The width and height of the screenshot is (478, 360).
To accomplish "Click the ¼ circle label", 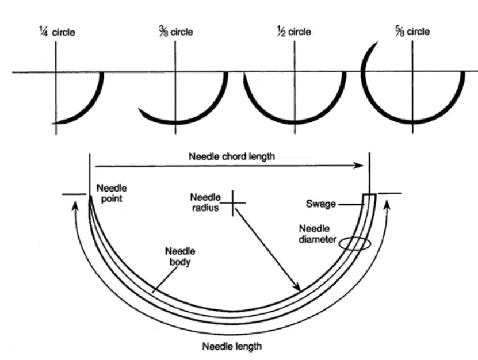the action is pyautogui.click(x=57, y=32).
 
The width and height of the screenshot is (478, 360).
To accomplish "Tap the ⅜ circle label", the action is pyautogui.click(x=176, y=32).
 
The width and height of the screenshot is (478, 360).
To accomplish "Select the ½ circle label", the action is pyautogui.click(x=294, y=31).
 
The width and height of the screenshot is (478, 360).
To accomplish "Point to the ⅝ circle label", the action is pyautogui.click(x=412, y=31).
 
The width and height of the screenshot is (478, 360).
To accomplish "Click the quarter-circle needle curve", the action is pyautogui.click(x=90, y=106).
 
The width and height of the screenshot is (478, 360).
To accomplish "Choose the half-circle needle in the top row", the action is pyautogui.click(x=295, y=122).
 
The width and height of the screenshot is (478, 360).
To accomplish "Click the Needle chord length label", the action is pyautogui.click(x=232, y=156).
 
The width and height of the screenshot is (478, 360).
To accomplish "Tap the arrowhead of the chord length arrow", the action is pyautogui.click(x=359, y=166).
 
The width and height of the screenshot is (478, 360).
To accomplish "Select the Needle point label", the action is pyautogui.click(x=112, y=193).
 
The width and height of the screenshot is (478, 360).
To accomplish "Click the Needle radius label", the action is pyautogui.click(x=205, y=202).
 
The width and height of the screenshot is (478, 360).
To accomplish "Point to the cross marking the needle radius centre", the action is pyautogui.click(x=233, y=202).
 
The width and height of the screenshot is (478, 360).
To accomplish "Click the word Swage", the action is pyautogui.click(x=321, y=204).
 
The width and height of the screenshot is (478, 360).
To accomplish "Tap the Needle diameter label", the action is pyautogui.click(x=318, y=234).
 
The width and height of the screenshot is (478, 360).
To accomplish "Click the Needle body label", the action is pyautogui.click(x=180, y=256).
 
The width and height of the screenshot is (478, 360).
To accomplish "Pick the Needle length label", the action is pyautogui.click(x=232, y=346).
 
